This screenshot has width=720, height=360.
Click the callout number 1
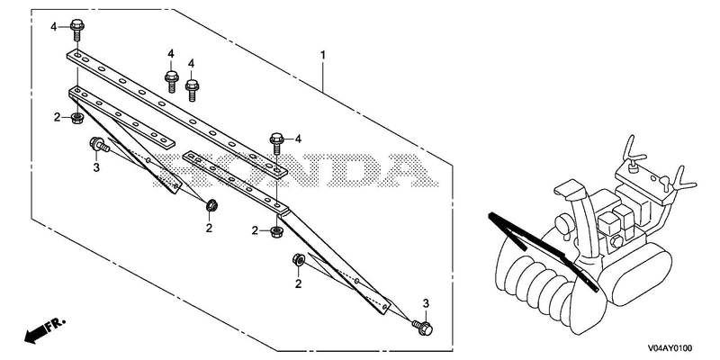[323, 56]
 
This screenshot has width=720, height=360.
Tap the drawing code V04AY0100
[670, 348]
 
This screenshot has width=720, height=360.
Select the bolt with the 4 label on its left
[76, 30]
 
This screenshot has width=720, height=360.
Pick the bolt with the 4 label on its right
[276, 143]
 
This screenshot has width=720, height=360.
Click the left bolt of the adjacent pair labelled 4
[172, 82]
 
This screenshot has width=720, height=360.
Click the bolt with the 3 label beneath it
[99, 146]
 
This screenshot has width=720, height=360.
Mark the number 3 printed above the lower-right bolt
[426, 303]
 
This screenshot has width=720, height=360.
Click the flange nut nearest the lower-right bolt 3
[298, 260]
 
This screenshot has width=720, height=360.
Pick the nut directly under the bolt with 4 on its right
[276, 231]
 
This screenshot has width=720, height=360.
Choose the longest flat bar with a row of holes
[177, 112]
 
